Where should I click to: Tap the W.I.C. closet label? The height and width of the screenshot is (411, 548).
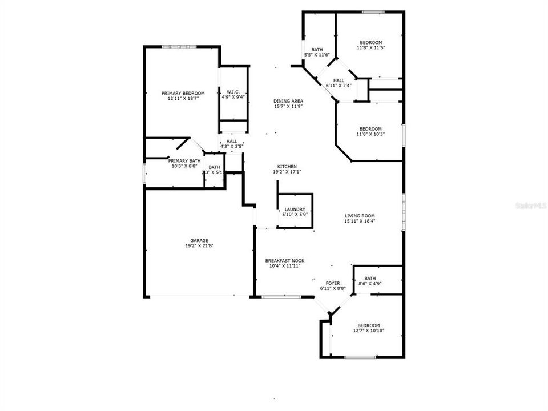click(233, 92)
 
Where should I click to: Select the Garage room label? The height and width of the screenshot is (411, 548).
click(199, 240)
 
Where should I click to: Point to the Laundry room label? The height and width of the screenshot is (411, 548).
click(295, 209)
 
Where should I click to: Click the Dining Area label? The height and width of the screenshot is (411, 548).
click(288, 101)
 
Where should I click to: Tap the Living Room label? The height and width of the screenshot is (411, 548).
click(359, 216)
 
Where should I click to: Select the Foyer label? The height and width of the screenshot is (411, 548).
click(333, 283)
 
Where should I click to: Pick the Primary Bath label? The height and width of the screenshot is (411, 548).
click(184, 161)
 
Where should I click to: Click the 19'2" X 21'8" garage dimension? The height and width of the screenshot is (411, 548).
click(199, 246)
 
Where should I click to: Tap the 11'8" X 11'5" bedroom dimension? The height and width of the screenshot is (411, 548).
click(370, 48)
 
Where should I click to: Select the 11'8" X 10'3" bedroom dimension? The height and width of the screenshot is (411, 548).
click(370, 134)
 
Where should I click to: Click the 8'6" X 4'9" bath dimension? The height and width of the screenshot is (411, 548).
click(370, 284)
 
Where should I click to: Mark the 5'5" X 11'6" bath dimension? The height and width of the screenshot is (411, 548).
click(317, 55)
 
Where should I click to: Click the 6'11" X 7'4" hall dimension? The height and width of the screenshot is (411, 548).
click(339, 86)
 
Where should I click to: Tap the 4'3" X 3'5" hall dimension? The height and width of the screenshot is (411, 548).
click(232, 146)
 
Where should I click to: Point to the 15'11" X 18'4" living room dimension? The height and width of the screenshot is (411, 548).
click(359, 221)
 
